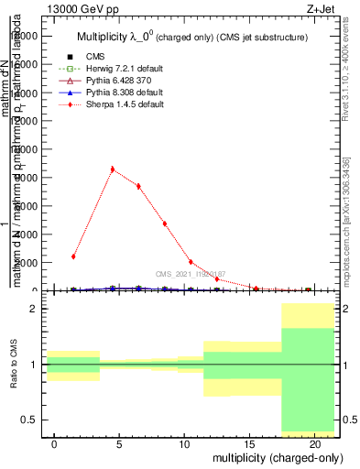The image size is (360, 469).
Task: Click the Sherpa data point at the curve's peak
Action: (113, 169)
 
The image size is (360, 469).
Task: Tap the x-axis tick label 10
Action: (184, 442)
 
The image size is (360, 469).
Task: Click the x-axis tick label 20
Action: (314, 442)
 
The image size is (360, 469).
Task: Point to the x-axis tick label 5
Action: (119, 442)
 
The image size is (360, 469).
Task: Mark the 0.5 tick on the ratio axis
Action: (27, 420)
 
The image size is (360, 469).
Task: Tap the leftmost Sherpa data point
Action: (73, 256)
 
